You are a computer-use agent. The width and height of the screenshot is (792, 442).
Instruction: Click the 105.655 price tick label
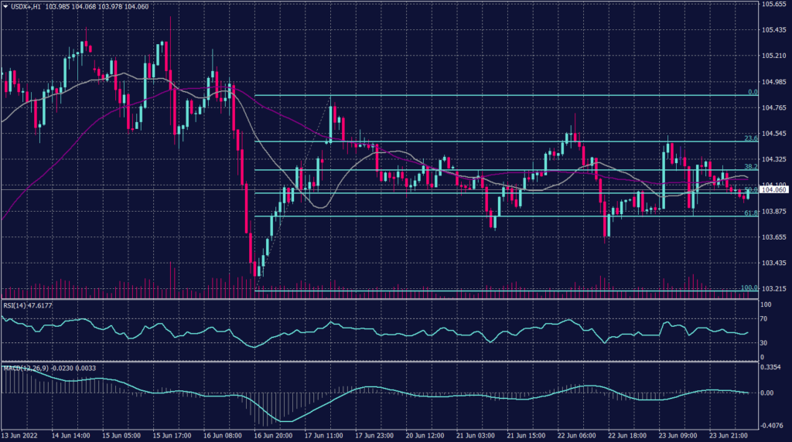click(x=774, y=5)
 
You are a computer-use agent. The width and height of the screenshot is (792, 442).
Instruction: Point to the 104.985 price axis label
click(x=774, y=82)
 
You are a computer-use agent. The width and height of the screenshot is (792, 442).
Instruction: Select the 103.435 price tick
click(x=774, y=263)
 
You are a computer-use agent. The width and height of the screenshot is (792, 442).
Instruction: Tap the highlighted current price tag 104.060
click(x=774, y=189)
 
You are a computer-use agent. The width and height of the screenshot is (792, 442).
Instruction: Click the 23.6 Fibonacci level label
click(x=749, y=138)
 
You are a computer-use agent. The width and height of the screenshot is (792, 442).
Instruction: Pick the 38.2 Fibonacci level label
click(x=749, y=166)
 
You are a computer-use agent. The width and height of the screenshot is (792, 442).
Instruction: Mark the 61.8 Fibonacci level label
click(x=749, y=212)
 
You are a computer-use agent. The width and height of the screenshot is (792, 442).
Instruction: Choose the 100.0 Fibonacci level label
click(x=749, y=287)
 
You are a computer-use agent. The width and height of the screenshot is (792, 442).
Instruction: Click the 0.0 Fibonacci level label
click(x=751, y=92)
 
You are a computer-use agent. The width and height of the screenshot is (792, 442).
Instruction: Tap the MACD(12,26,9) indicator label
click(x=26, y=367)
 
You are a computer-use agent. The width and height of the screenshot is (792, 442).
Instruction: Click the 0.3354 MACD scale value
click(x=773, y=368)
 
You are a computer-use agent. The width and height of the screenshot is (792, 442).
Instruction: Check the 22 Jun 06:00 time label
click(x=577, y=435)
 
